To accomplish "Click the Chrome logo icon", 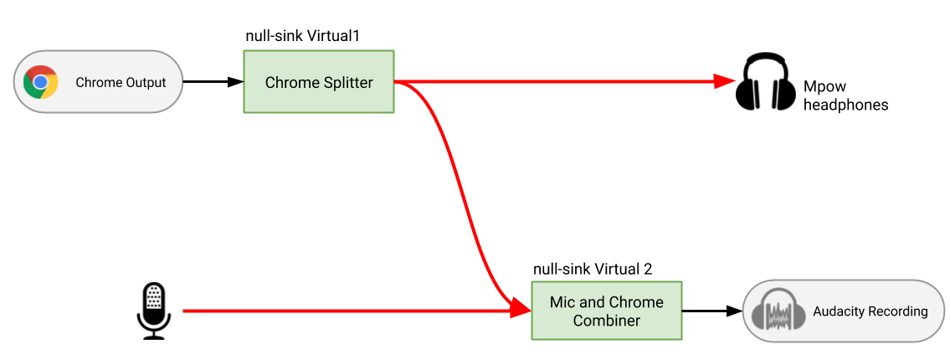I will point(40,82).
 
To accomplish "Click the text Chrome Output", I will point(121,82).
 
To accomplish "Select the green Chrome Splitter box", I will point(318,82).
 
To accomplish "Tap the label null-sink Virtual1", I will point(308,36).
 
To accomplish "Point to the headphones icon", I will point(765,82).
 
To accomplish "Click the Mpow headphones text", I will point(845,95).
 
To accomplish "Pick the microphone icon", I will point(153,311).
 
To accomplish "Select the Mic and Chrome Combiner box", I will point(606,311).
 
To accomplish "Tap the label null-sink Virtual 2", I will point(593,269).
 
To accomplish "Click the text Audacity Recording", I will point(870,311).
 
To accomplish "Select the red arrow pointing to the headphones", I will point(561,82).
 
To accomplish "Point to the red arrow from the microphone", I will point(352,311).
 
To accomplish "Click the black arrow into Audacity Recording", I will point(711,311).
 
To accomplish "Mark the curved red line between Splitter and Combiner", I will point(461,193).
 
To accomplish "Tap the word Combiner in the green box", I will point(606,321).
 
